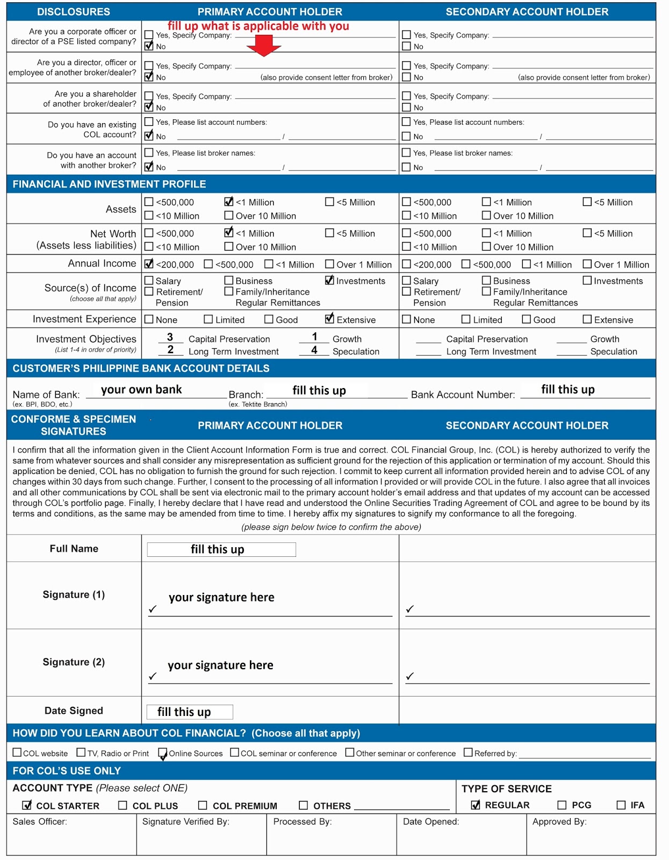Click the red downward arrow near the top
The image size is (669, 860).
click(263, 45)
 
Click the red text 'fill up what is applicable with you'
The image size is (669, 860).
click(258, 26)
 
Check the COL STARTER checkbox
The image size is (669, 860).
click(27, 805)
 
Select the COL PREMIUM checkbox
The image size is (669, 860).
click(203, 805)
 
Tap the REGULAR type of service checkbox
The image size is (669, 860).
click(476, 805)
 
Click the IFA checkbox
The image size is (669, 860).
click(621, 805)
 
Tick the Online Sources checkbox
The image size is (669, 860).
click(162, 753)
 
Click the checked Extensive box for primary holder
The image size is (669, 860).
click(329, 319)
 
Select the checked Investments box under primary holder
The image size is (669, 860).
click(329, 280)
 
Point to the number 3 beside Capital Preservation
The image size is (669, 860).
click(170, 337)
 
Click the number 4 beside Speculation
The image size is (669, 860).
click(314, 350)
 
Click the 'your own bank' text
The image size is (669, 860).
click(141, 390)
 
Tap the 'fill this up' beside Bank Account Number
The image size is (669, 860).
click(567, 390)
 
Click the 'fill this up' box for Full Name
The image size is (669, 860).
click(221, 549)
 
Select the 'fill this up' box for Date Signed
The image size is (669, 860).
click(189, 712)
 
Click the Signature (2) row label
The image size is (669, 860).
click(74, 662)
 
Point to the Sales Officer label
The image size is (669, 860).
click(40, 821)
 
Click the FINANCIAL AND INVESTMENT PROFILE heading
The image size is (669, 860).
click(109, 184)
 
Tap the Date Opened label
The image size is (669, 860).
click(431, 821)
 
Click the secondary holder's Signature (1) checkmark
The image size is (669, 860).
click(410, 608)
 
